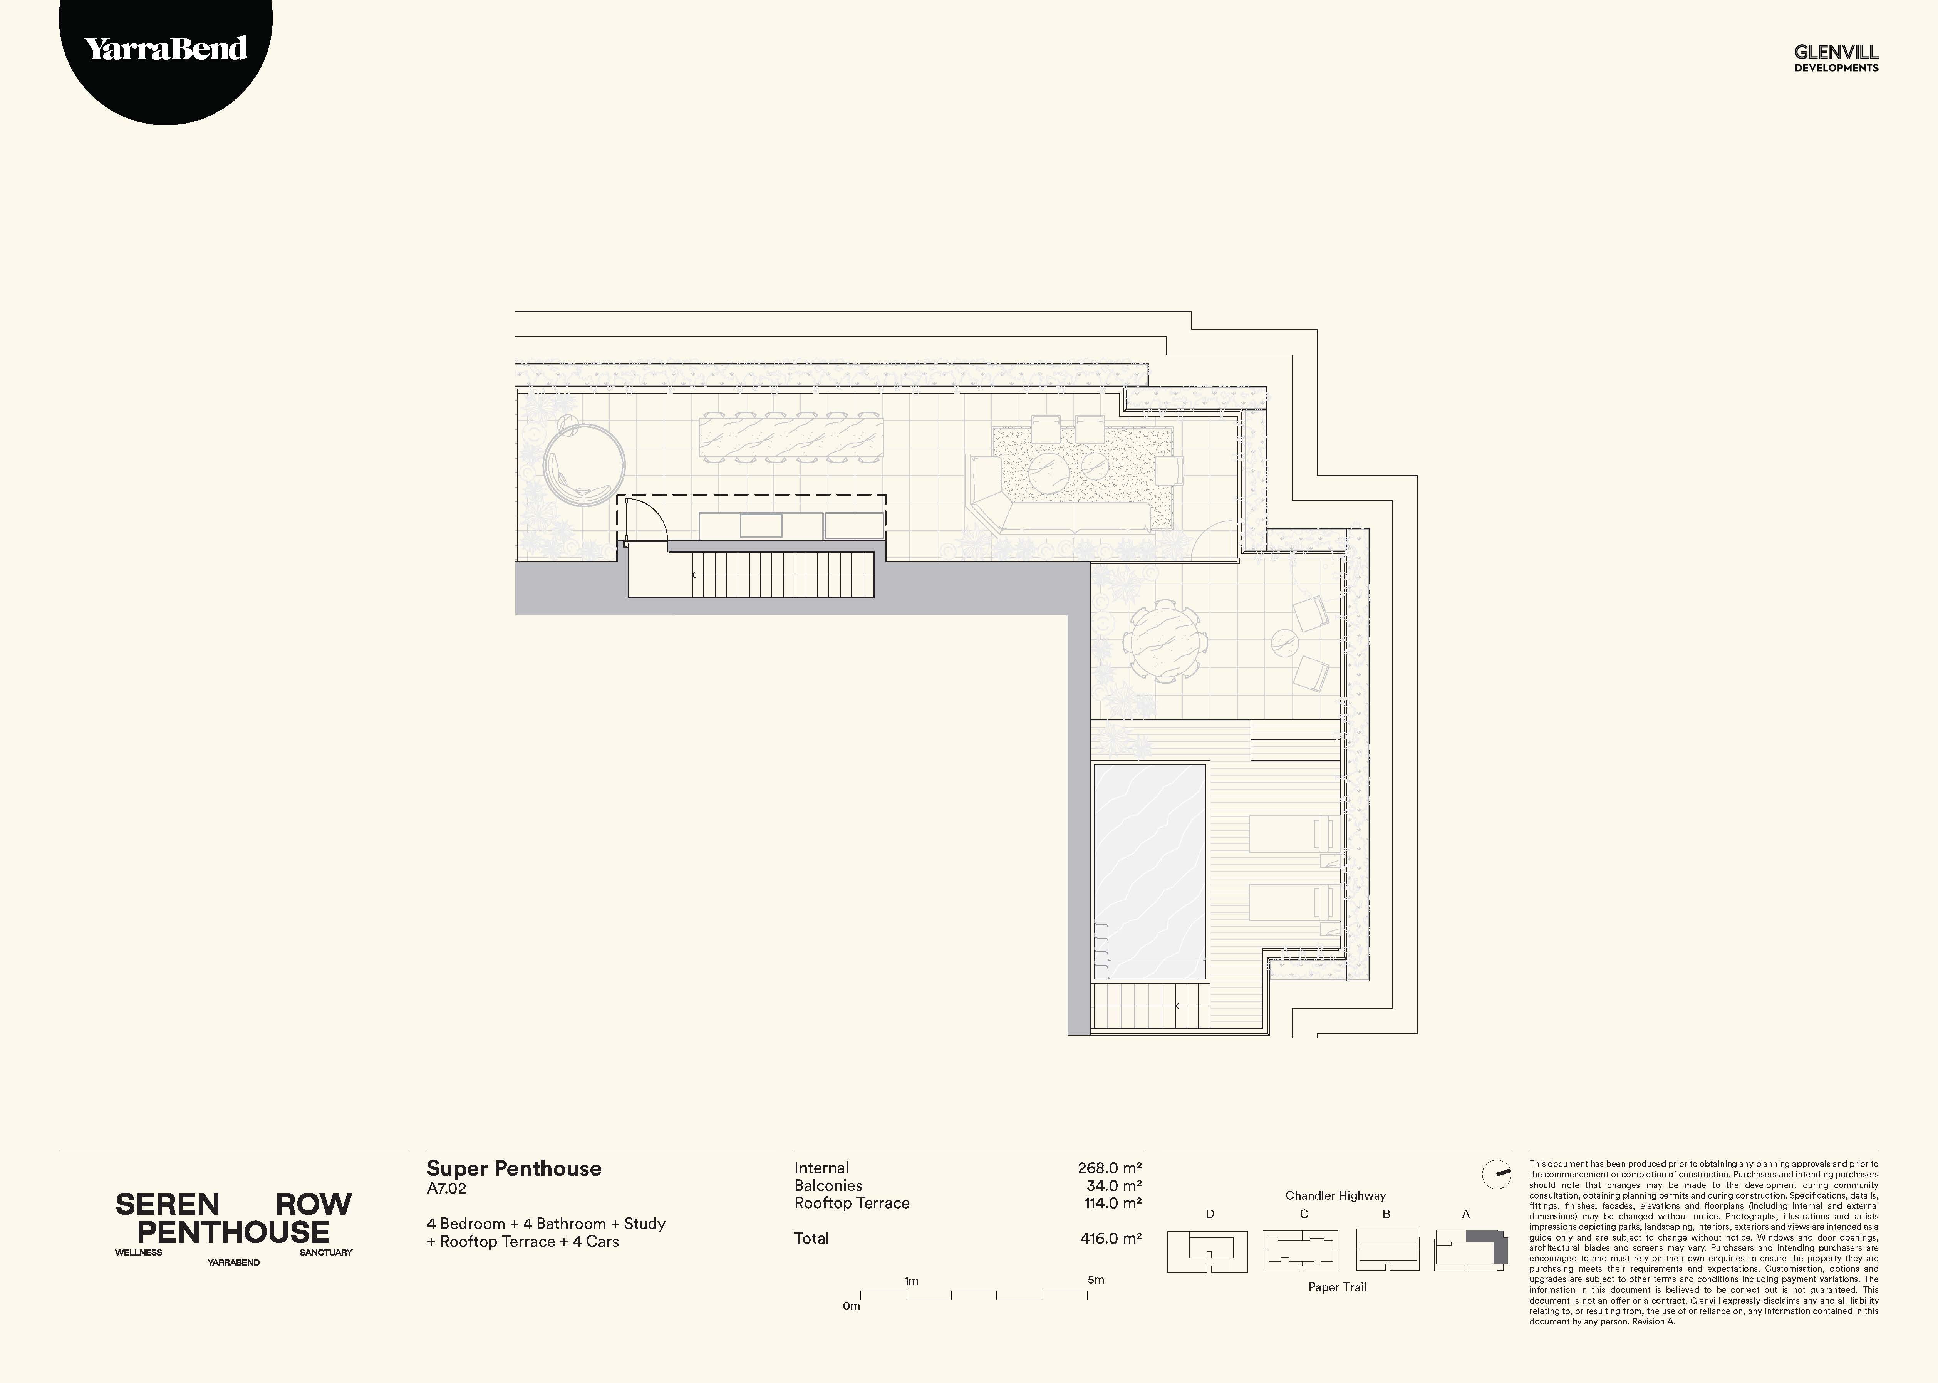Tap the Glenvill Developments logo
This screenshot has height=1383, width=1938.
pyautogui.click(x=1836, y=58)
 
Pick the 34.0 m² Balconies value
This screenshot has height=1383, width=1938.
pyautogui.click(x=1114, y=1185)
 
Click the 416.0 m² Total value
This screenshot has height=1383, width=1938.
pyautogui.click(x=1110, y=1238)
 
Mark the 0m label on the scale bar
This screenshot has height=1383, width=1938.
pyautogui.click(x=852, y=1306)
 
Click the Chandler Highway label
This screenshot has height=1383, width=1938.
pyautogui.click(x=1335, y=1196)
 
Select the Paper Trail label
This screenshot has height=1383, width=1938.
pyautogui.click(x=1337, y=1287)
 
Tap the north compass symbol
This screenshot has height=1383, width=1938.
pyautogui.click(x=1496, y=1175)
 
